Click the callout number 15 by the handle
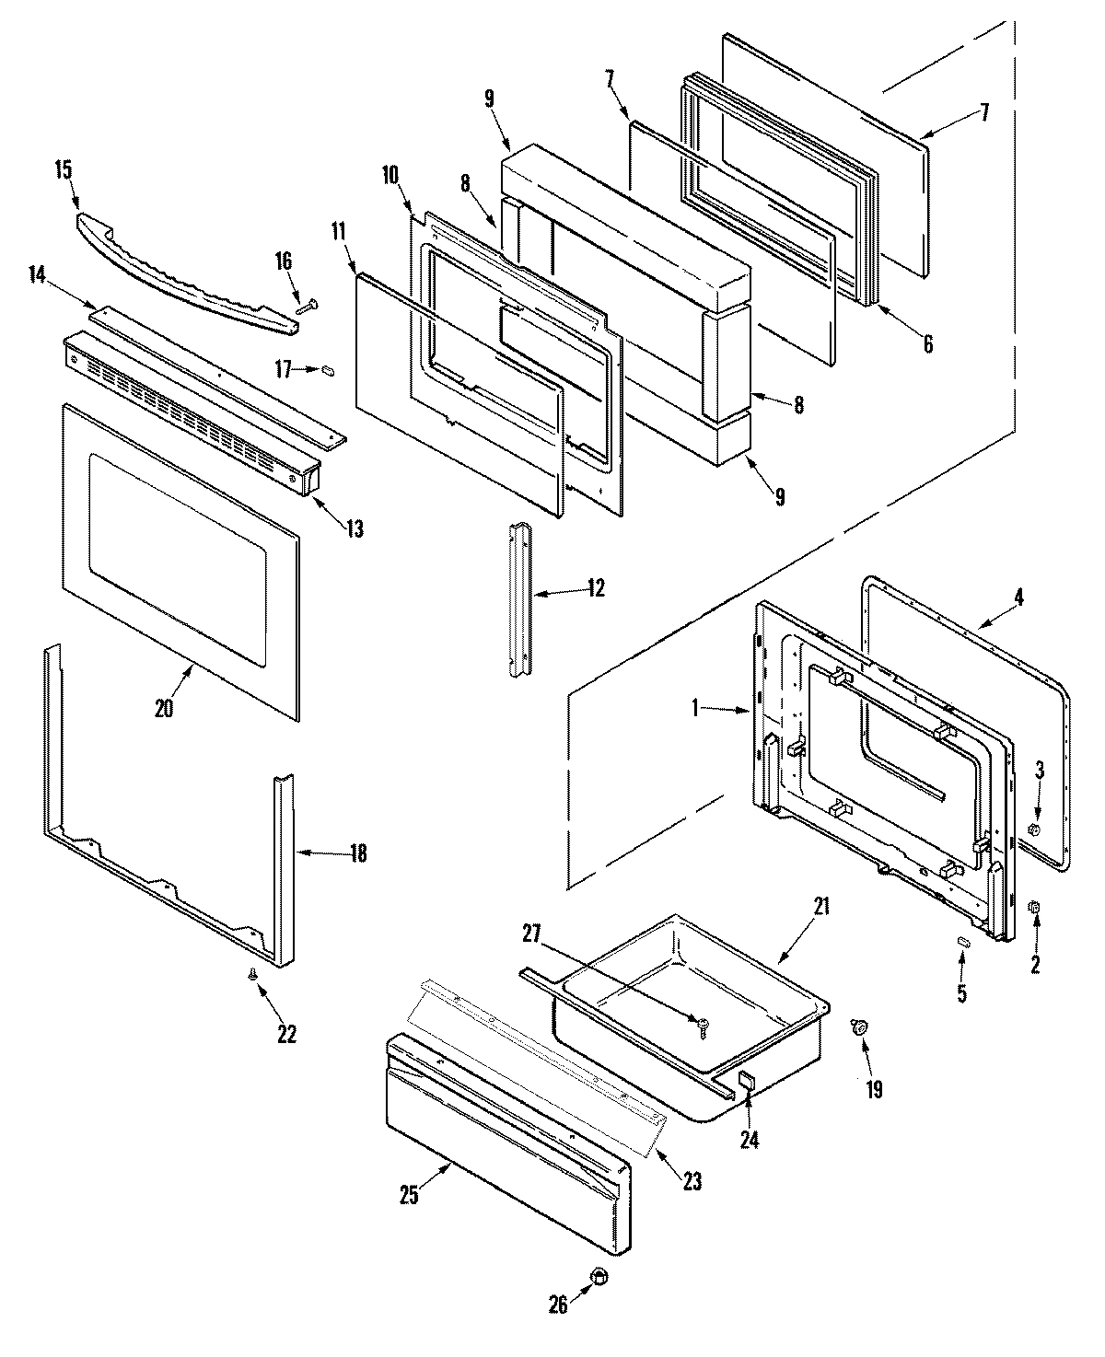point(63,170)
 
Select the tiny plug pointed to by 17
point(326,369)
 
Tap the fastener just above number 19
point(862,1026)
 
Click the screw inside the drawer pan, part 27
point(704,1023)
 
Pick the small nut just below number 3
point(1033,830)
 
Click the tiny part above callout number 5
point(963,940)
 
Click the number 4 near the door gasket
point(1018,597)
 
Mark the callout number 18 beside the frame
point(357,853)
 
